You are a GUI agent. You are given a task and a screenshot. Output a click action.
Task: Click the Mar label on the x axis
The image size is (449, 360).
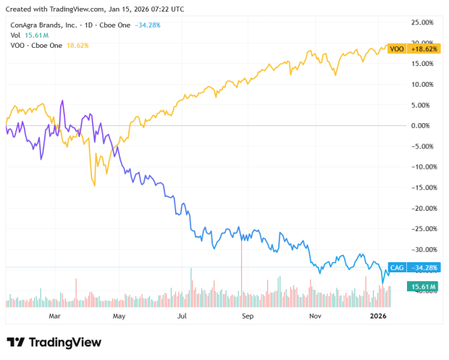pyautogui.click(x=54, y=317)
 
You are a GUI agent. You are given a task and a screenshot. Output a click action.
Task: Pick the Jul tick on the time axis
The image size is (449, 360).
pyautogui.click(x=182, y=317)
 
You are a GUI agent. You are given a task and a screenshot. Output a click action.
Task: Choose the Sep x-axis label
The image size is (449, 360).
pyautogui.click(x=248, y=317)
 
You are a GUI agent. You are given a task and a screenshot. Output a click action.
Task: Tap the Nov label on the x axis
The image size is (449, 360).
pyautogui.click(x=314, y=317)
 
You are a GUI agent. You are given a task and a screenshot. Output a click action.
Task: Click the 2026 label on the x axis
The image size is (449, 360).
pyautogui.click(x=379, y=317)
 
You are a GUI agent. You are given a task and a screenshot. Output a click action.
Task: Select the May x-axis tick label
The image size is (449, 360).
pyautogui.click(x=119, y=317)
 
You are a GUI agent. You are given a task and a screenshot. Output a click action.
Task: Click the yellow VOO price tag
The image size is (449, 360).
pyautogui.click(x=396, y=49)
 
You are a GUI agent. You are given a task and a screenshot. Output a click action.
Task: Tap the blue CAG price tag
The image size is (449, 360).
pyautogui.click(x=397, y=267)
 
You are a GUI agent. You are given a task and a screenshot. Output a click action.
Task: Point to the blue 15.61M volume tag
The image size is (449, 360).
pyautogui.click(x=423, y=288)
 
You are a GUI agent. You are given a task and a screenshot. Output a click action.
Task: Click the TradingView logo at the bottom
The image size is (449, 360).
pyautogui.click(x=54, y=342)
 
